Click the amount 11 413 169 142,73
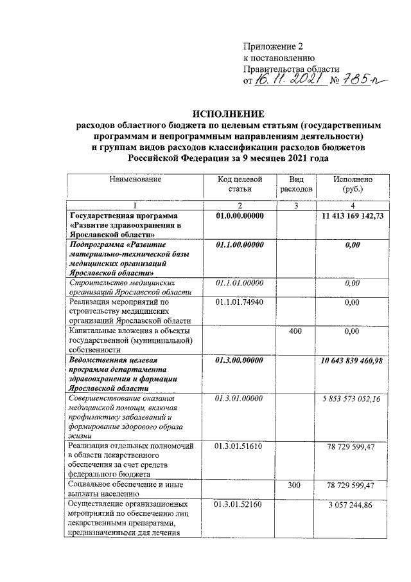(x=353, y=216)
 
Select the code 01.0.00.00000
(x=240, y=216)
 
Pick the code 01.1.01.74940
(x=240, y=301)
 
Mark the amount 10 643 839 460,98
(x=353, y=360)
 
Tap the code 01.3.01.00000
(x=240, y=399)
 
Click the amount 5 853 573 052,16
(x=353, y=399)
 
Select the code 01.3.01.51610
(x=240, y=446)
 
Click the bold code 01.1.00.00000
(x=240, y=244)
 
